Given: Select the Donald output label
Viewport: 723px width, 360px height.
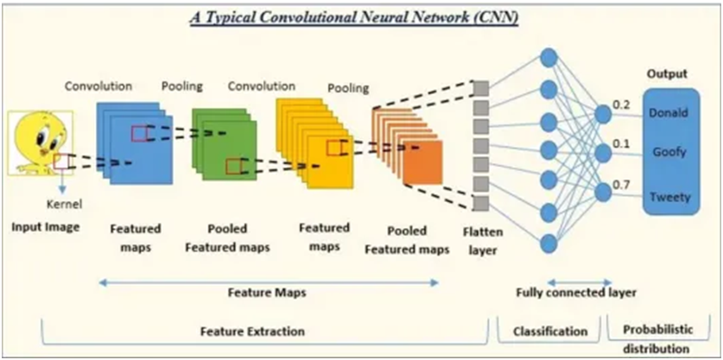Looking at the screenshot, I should click(x=669, y=113).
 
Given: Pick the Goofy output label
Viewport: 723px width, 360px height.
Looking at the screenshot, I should click(x=669, y=152).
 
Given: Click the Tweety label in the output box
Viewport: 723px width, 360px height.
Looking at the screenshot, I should click(x=669, y=197).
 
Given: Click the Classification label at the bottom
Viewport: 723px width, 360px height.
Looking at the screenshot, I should click(x=550, y=332).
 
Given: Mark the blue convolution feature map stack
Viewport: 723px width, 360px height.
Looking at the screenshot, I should click(x=130, y=142).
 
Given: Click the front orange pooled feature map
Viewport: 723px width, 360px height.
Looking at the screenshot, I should click(x=422, y=162).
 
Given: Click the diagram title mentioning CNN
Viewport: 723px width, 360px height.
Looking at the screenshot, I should click(x=353, y=17).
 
